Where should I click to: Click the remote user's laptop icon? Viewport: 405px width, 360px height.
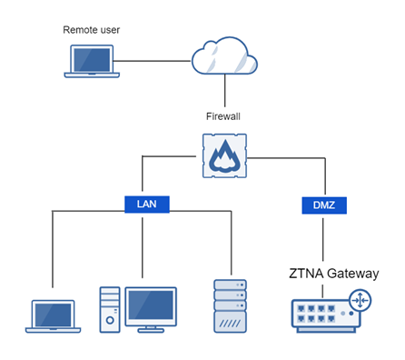coord(91,61)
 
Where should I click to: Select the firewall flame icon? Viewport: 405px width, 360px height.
coord(224,157)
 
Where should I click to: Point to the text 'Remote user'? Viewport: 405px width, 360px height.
coord(91,30)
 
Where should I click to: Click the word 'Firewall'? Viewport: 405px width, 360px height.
coord(224,116)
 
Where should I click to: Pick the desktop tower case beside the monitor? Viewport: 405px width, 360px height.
coord(109,308)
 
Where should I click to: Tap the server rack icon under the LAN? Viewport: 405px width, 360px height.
coord(230,308)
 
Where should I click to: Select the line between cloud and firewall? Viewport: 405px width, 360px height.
coord(224,93)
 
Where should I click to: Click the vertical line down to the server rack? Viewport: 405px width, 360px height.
coord(232,245)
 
